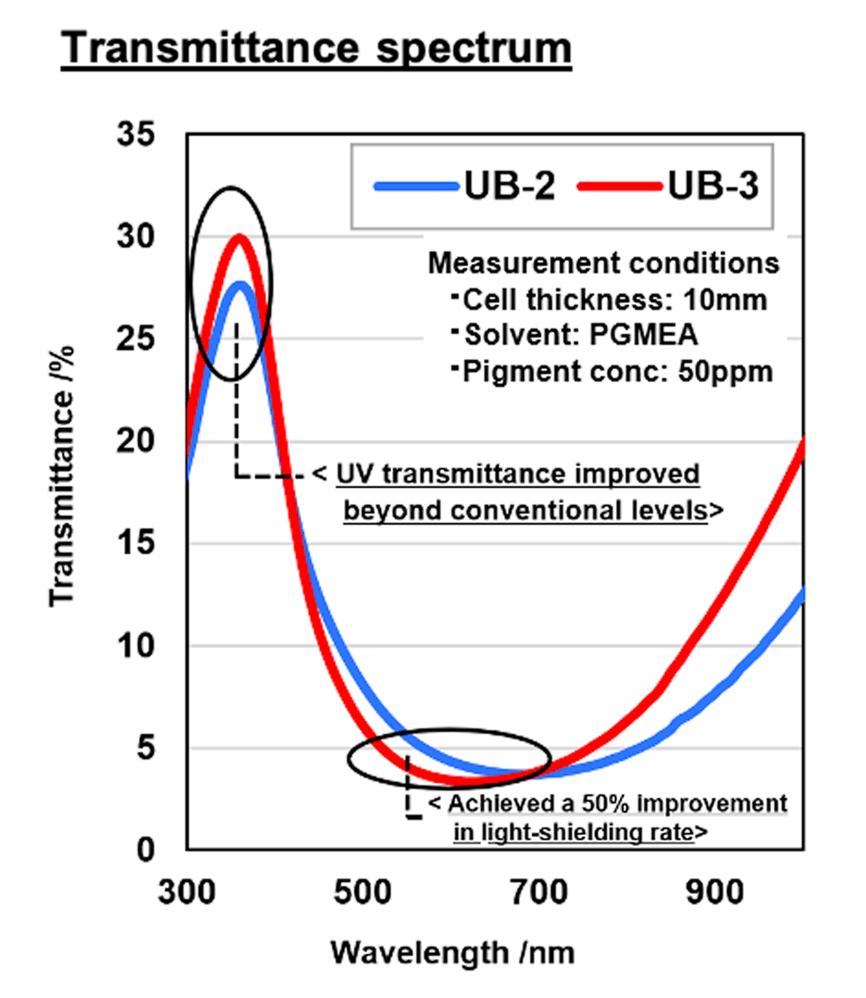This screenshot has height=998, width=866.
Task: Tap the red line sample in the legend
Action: (x=619, y=185)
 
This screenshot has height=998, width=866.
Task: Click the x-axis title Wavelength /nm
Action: (x=452, y=952)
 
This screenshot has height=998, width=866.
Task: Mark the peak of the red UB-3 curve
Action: (x=240, y=237)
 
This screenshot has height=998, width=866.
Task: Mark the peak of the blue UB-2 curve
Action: (x=240, y=284)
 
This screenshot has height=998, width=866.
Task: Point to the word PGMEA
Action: (x=632, y=335)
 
